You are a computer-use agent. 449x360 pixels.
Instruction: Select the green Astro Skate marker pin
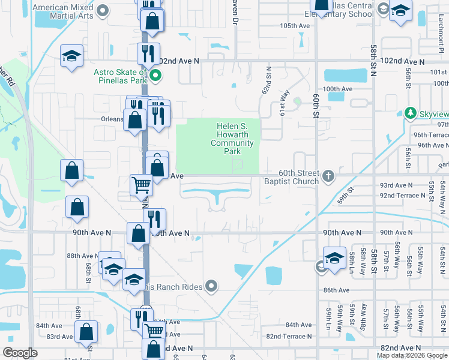(x=155, y=75)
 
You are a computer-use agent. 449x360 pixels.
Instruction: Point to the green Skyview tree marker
(x=411, y=112)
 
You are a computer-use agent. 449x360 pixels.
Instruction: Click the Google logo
(x=20, y=353)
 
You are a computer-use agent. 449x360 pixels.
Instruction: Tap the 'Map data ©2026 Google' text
(x=411, y=355)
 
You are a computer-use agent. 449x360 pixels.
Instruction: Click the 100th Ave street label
(x=337, y=89)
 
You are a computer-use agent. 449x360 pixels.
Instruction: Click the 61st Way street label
(x=283, y=100)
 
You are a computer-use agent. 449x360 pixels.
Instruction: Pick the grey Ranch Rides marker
(x=211, y=286)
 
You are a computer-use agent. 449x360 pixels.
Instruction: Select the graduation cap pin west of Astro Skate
(x=71, y=56)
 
